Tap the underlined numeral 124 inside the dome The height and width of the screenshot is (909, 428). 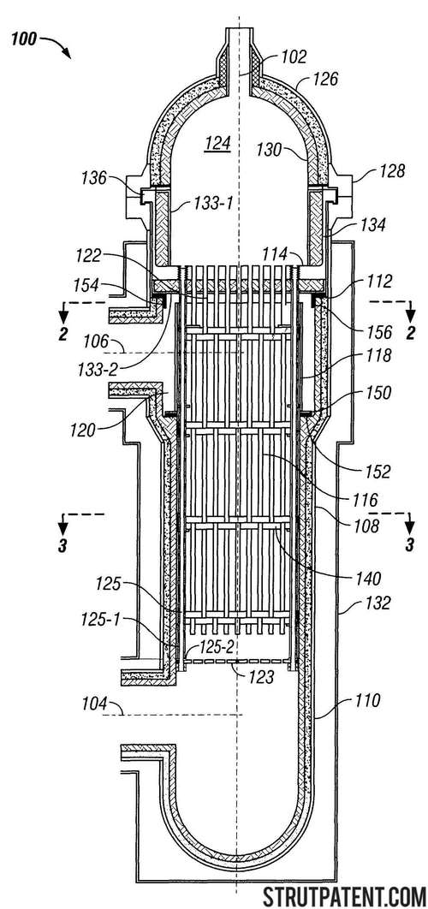coord(217,144)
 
